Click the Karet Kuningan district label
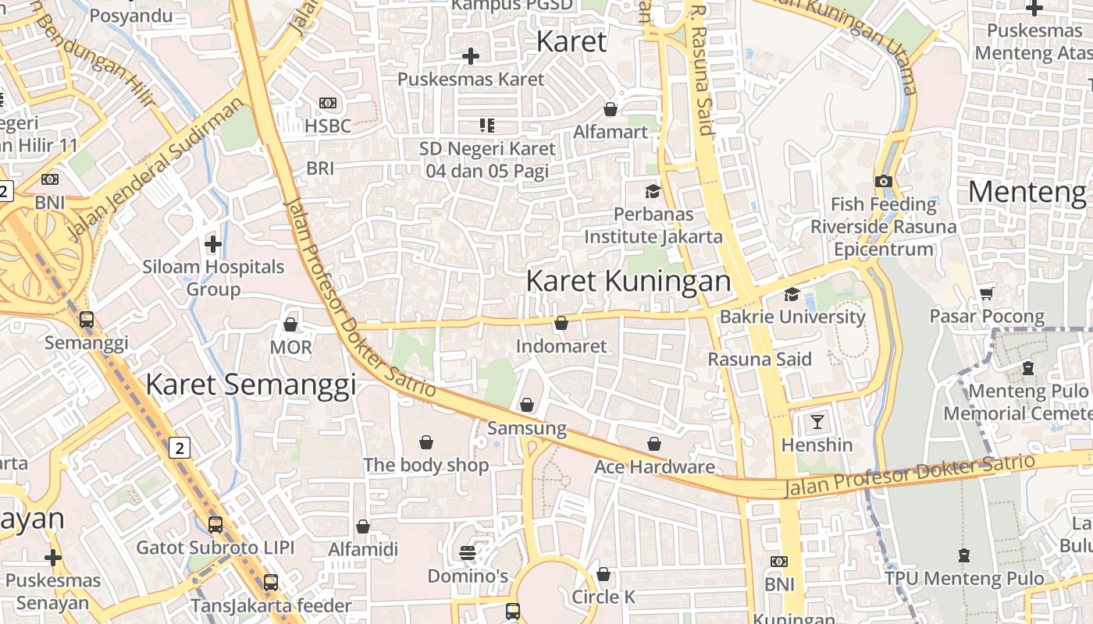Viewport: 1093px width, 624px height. tap(628, 282)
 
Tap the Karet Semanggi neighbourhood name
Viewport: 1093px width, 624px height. tap(251, 385)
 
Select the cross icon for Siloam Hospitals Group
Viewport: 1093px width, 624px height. tap(212, 244)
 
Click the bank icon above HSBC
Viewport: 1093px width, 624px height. tap(328, 103)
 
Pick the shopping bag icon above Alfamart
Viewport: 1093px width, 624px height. tap(611, 109)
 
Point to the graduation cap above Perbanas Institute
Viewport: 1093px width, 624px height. tap(652, 191)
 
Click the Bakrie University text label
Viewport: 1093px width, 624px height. tap(792, 317)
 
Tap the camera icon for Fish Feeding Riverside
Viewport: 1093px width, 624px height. tap(883, 181)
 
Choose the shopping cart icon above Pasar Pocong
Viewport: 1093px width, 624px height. tap(986, 293)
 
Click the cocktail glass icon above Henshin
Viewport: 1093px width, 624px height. tap(817, 422)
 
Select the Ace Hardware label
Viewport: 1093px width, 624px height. tap(654, 467)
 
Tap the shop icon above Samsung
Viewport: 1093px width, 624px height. tap(527, 405)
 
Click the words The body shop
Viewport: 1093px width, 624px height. tap(426, 466)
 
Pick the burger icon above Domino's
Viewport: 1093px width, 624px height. tap(468, 553)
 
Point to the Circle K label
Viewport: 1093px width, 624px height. tap(603, 597)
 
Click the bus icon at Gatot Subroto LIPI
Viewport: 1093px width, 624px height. tap(215, 525)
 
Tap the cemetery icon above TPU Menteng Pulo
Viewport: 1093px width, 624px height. tap(964, 555)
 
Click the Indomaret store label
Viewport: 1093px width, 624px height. tap(561, 346)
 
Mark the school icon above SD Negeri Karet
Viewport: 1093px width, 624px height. tap(487, 125)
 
